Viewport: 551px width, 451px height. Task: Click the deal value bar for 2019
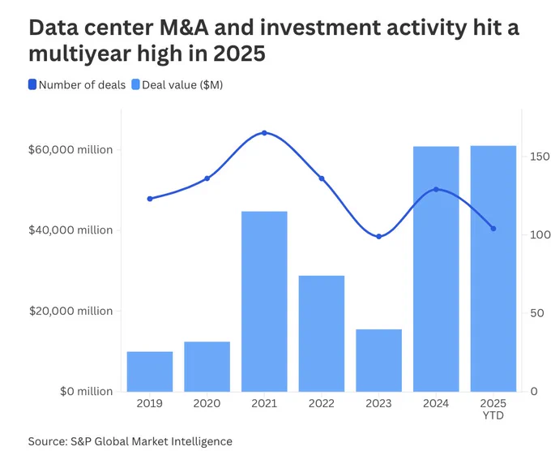[x=150, y=372]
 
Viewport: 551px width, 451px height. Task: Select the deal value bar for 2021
[x=264, y=301]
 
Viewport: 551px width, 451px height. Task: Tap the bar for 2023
[x=378, y=360]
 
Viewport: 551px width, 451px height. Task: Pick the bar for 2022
[x=322, y=333]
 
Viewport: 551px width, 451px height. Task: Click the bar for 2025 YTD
[x=493, y=268]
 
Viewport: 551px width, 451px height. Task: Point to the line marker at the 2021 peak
[x=264, y=133]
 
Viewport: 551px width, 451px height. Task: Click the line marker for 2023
[x=378, y=236]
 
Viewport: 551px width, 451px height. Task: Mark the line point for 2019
[x=150, y=199]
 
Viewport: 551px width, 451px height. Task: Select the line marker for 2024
[x=436, y=189]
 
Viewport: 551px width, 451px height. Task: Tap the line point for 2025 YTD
[x=493, y=229]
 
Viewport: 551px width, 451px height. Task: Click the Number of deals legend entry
[x=77, y=85]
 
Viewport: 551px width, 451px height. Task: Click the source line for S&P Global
[x=130, y=440]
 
